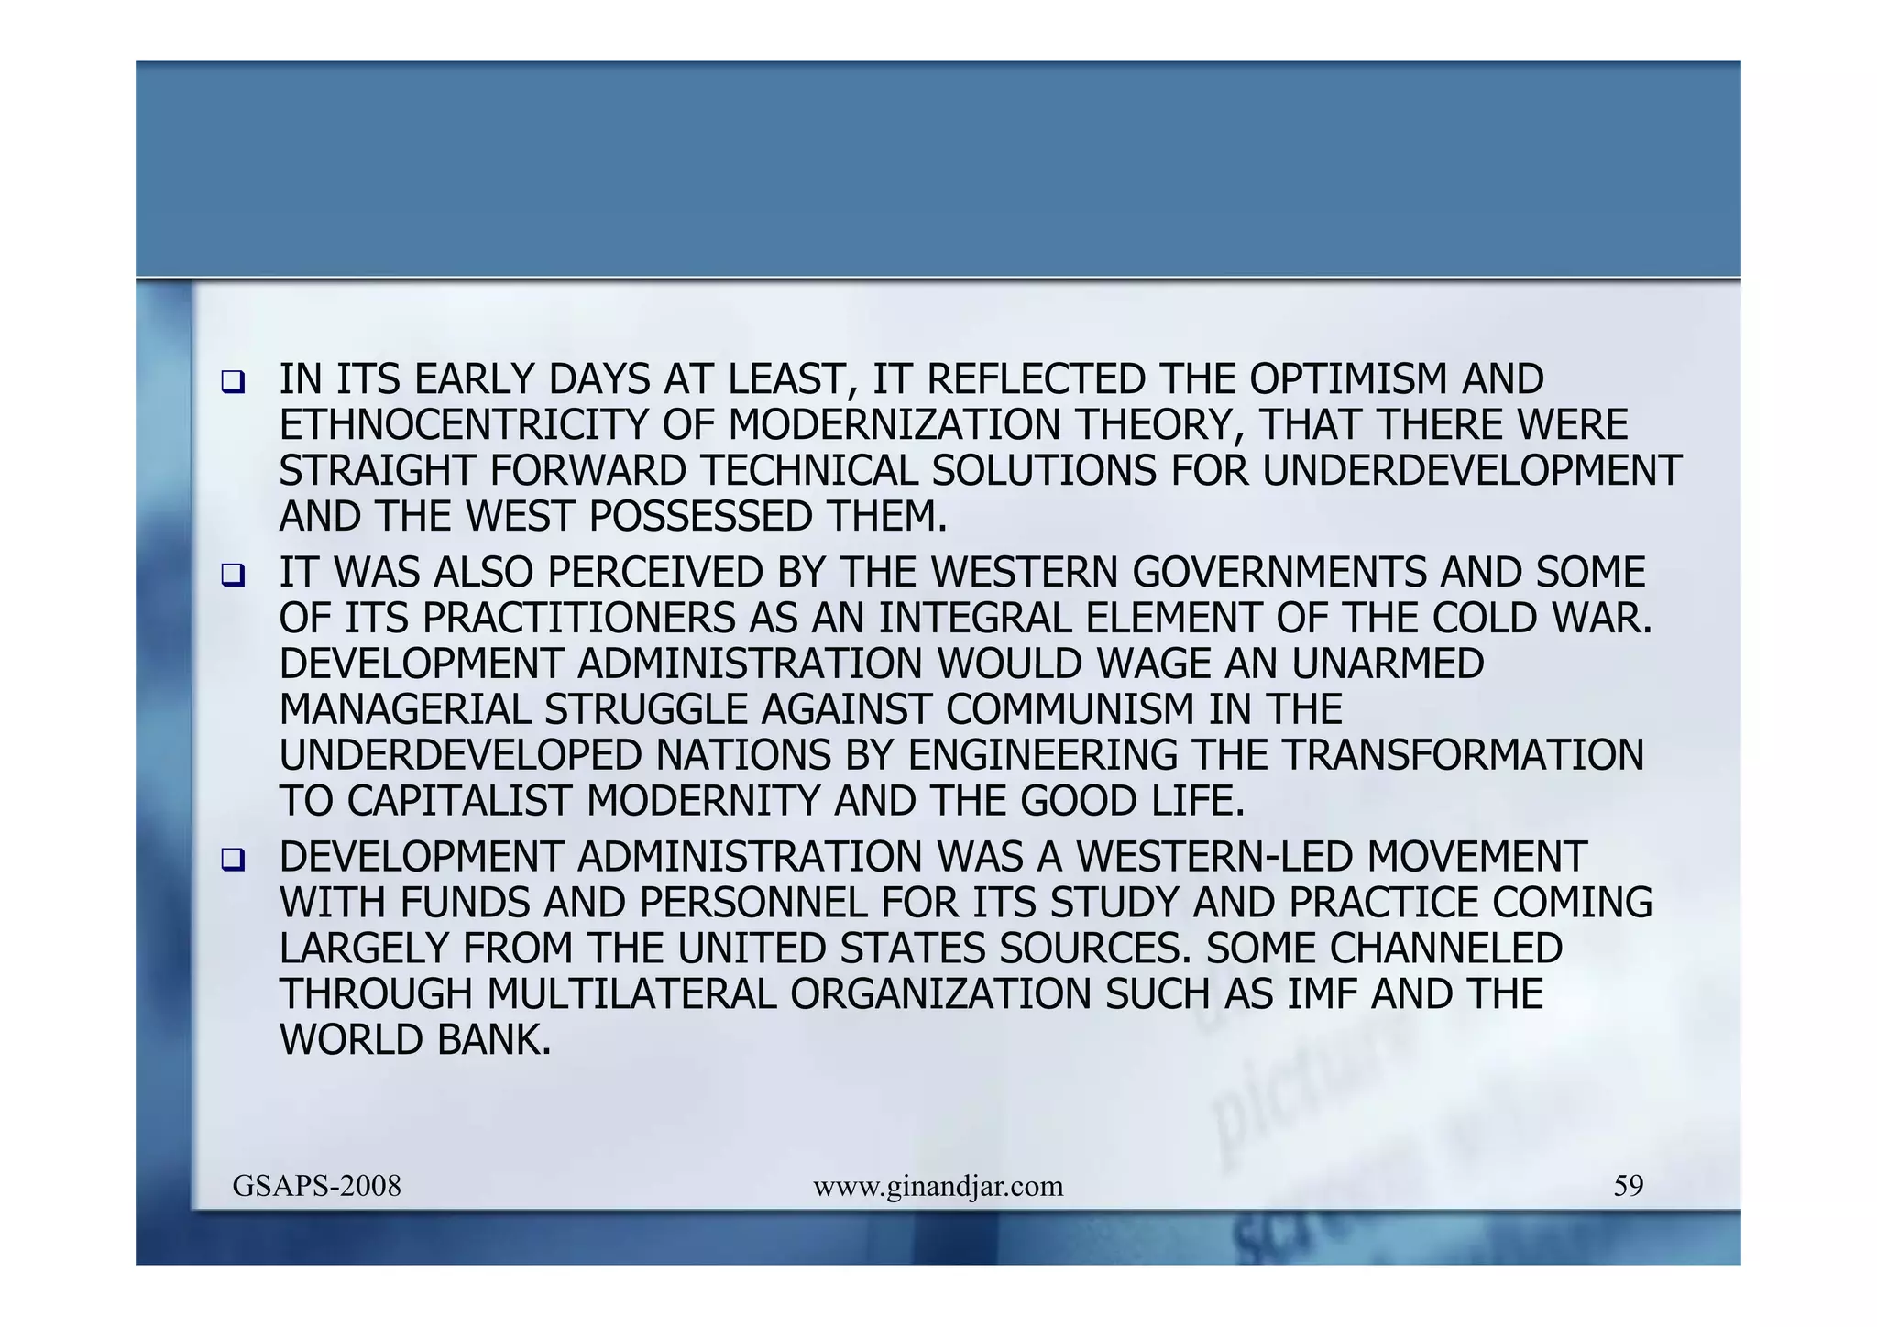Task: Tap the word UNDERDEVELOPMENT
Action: tap(1472, 471)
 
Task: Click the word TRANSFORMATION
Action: tap(1463, 755)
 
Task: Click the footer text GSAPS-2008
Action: tap(317, 1186)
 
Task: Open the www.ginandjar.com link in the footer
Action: tap(938, 1187)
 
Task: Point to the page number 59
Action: tap(1628, 1186)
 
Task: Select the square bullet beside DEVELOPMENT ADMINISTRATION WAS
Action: tap(233, 860)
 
